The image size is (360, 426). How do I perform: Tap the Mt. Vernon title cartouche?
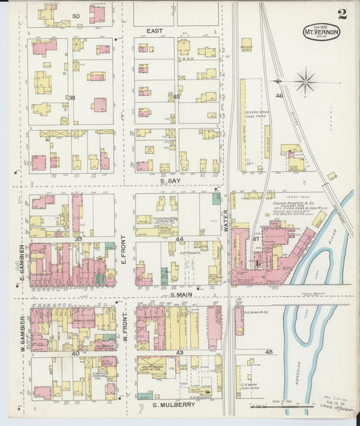[x=322, y=31]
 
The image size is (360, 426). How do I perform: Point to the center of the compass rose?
[x=305, y=82]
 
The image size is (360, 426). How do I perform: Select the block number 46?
[x=279, y=96]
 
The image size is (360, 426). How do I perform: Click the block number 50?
[x=76, y=16]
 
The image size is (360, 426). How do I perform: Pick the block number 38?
[x=71, y=98]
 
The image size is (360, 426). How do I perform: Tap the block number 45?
[x=176, y=97]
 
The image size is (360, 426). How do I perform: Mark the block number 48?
[x=269, y=352]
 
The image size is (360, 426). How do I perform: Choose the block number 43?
[x=180, y=353]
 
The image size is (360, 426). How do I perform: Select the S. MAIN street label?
[x=182, y=295]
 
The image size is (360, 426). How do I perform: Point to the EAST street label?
[x=155, y=31]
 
